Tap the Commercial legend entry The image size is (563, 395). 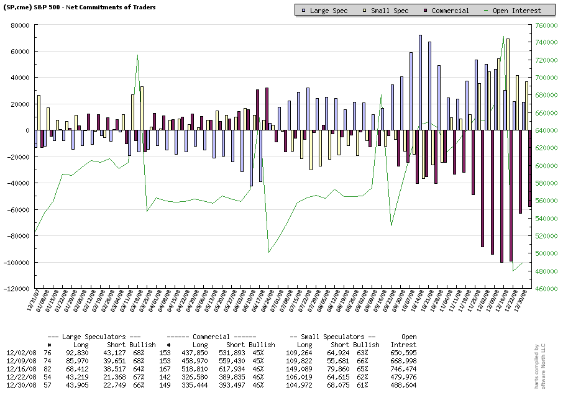pyautogui.click(x=449, y=11)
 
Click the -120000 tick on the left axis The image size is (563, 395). pyautogui.click(x=17, y=289)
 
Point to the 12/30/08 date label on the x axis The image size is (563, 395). pyautogui.click(x=525, y=304)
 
